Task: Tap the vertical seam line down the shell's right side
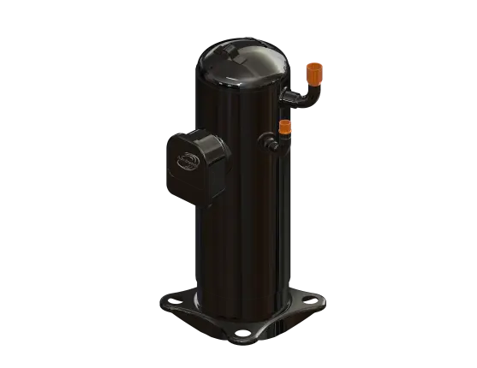pos(276,223)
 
